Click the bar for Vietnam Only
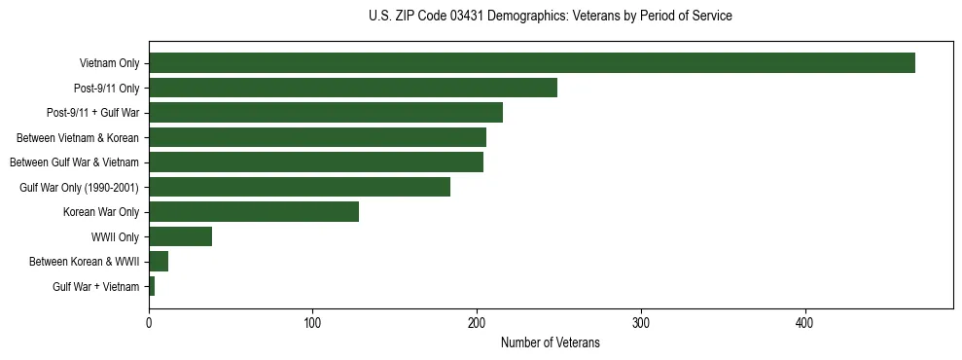point(532,63)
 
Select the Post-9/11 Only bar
point(353,88)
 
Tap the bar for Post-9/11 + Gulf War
point(326,113)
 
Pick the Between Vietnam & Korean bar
point(317,137)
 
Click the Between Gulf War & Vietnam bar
point(316,162)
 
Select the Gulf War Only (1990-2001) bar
point(300,187)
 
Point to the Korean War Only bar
point(254,212)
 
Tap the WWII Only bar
point(181,236)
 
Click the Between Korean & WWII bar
point(159,262)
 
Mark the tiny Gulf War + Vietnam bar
point(152,286)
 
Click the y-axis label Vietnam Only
point(109,63)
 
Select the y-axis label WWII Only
point(115,236)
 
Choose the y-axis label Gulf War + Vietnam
point(96,286)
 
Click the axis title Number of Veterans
point(550,342)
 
